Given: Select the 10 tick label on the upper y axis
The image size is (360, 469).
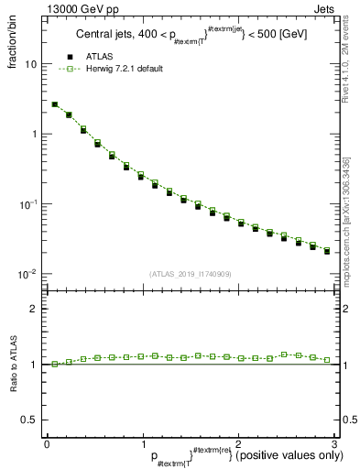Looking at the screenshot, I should pos(31,65).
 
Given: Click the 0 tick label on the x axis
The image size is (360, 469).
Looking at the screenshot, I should pos(48,443).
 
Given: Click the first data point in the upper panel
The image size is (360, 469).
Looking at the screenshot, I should pos(55,105).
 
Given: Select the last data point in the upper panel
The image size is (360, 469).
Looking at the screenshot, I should pos(327,250).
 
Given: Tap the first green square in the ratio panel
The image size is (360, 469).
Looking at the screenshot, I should pos(55,364).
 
